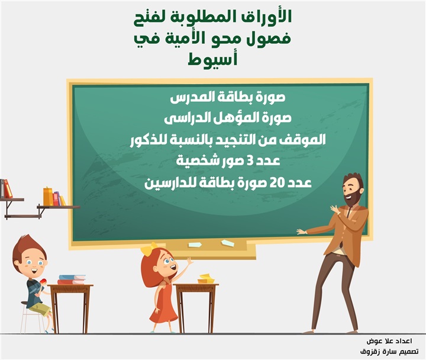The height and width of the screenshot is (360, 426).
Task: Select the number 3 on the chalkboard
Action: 250,161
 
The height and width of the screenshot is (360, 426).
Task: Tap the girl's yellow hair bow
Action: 149,248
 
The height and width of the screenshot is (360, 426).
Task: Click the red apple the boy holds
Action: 43,281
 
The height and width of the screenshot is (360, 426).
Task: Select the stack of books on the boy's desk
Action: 72,280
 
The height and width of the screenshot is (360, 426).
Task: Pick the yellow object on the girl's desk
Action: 206,279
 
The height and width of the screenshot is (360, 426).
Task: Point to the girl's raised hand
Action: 189,261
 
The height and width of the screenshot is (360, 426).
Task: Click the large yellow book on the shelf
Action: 48,197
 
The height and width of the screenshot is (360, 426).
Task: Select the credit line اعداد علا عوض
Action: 389,341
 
